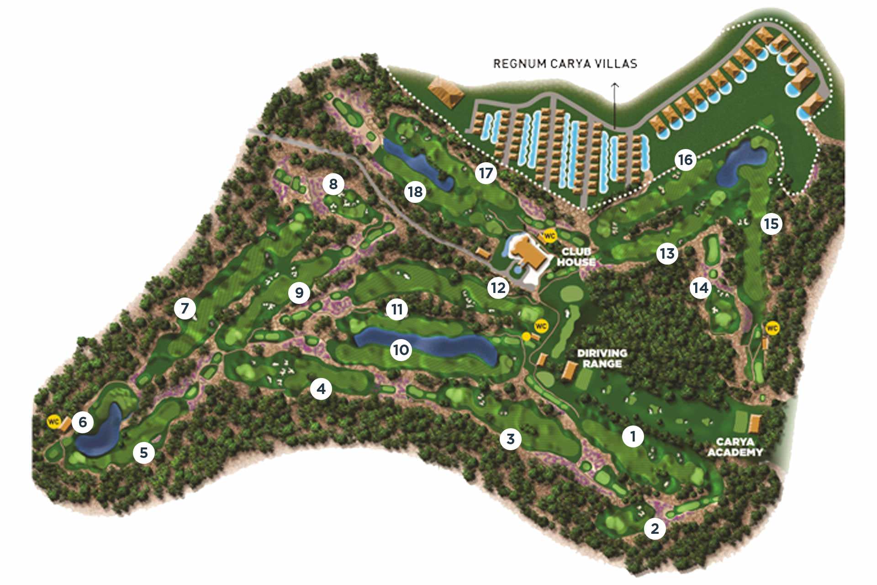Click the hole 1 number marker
point(633,436)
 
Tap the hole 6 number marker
point(83,421)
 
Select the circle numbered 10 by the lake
point(401,350)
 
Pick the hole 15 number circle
point(771,223)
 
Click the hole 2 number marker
point(655,528)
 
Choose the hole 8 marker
point(333,184)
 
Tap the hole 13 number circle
point(667,253)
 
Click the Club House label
point(576,257)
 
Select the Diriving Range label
point(602,358)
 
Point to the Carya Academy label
point(735,447)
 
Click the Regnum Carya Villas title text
point(565,63)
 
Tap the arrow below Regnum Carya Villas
point(615,105)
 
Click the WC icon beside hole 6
point(53,421)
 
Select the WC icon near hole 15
point(772,328)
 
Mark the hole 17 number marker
point(485,173)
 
